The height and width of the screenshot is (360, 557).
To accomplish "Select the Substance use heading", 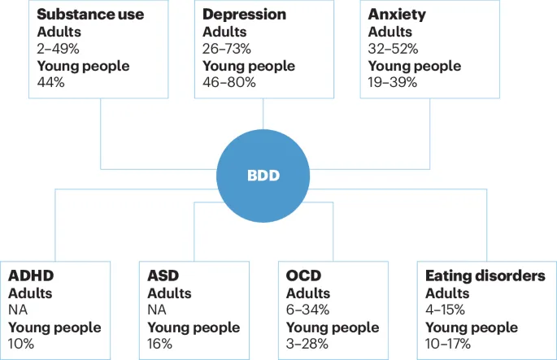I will pos(91,15).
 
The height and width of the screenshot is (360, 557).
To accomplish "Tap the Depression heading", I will pos(244,15).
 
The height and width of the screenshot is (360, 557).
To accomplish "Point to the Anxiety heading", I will pos(396,15).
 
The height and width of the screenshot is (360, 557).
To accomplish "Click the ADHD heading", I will pos(30,276).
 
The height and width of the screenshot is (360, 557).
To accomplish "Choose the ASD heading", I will pos(163,276).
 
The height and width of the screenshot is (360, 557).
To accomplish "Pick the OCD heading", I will pos(303,276).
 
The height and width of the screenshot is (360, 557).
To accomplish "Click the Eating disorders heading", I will pos(485,276).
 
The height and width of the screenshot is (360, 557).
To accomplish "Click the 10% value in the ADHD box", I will pos(21,344).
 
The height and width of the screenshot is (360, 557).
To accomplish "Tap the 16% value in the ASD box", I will pos(160,344).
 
